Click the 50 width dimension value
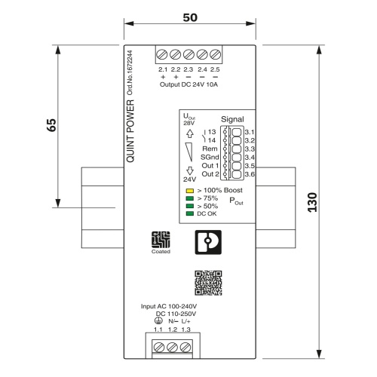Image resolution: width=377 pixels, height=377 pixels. click(x=190, y=17)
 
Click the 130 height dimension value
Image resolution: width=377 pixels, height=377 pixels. click(x=312, y=202)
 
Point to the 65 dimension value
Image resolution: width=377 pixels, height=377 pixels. click(x=51, y=125)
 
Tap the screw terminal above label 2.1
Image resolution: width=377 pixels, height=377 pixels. click(x=162, y=54)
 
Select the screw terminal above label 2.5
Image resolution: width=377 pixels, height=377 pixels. click(x=216, y=54)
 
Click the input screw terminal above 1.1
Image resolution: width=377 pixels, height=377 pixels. click(x=159, y=348)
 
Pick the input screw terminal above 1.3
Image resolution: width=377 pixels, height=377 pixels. click(x=185, y=348)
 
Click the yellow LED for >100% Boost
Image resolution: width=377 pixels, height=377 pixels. click(x=190, y=191)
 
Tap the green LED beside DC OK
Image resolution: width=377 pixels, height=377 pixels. click(x=190, y=213)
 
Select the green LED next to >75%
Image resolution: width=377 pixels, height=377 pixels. click(x=190, y=198)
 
